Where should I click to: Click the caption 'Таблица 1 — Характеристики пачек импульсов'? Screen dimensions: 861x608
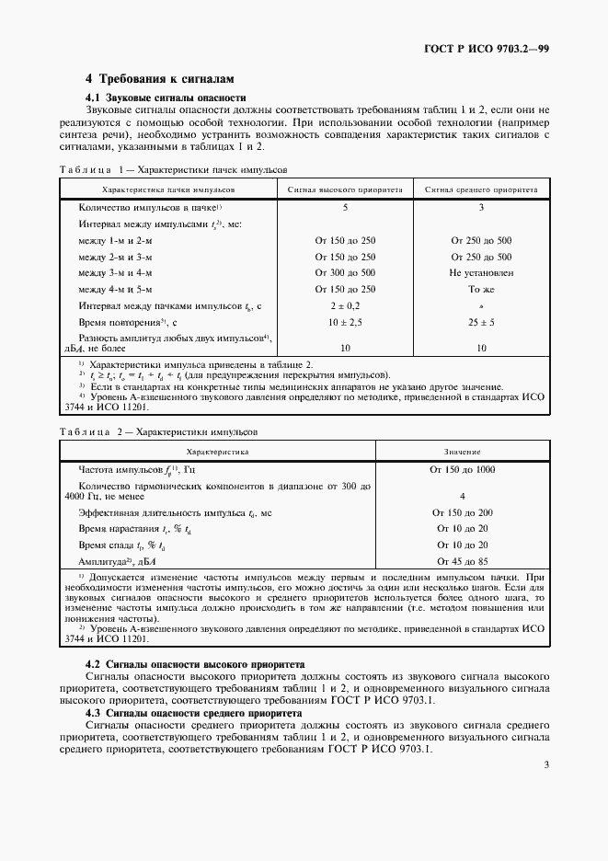[x=173, y=170]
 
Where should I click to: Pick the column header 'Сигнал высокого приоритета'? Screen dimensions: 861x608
[x=345, y=189]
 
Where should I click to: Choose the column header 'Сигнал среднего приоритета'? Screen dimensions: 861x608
[x=481, y=189]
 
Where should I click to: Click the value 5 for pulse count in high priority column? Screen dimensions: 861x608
[x=345, y=208]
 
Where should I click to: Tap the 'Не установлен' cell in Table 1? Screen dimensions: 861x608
[x=481, y=273]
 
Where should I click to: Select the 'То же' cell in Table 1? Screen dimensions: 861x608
[x=481, y=290]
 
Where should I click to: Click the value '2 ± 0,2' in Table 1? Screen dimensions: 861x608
[x=345, y=306]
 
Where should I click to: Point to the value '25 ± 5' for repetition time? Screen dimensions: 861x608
[x=481, y=323]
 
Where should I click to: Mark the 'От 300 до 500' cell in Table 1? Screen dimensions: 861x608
[x=345, y=273]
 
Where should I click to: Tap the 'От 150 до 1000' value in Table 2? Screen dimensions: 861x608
[x=462, y=469]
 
